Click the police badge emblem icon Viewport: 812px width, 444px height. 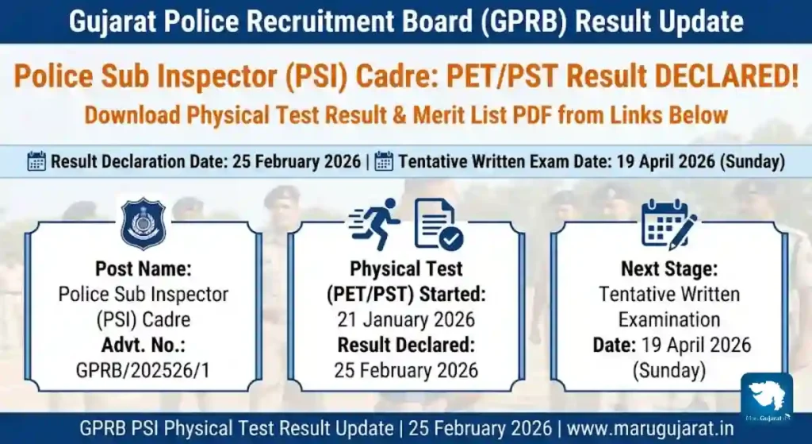[143, 224]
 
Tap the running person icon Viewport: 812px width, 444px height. [375, 224]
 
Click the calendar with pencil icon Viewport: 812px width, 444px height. [668, 224]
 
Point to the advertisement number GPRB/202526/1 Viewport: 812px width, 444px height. [143, 370]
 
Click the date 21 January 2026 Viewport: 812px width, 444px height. [406, 320]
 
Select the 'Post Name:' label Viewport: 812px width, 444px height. [143, 268]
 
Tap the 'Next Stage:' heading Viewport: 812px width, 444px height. [669, 268]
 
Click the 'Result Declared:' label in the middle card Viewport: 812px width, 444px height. [406, 346]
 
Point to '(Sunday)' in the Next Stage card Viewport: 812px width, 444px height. [668, 370]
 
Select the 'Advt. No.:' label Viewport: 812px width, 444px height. [143, 346]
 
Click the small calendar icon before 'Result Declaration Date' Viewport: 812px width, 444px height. [36, 162]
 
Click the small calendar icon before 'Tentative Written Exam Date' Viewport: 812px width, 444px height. [384, 162]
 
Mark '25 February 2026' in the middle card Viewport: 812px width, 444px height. [406, 370]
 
